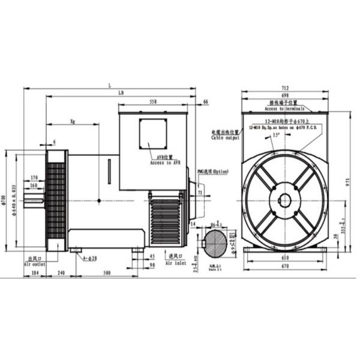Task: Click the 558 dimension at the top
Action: click(x=153, y=102)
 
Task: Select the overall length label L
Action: click(x=110, y=85)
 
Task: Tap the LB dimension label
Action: click(x=121, y=94)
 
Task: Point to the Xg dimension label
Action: click(x=72, y=122)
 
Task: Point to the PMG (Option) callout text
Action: click(x=213, y=172)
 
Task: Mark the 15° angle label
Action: click(x=276, y=136)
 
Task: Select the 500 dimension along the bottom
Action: click(x=107, y=273)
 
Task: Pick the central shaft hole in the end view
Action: click(x=284, y=201)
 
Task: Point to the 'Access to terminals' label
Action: click(x=284, y=109)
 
